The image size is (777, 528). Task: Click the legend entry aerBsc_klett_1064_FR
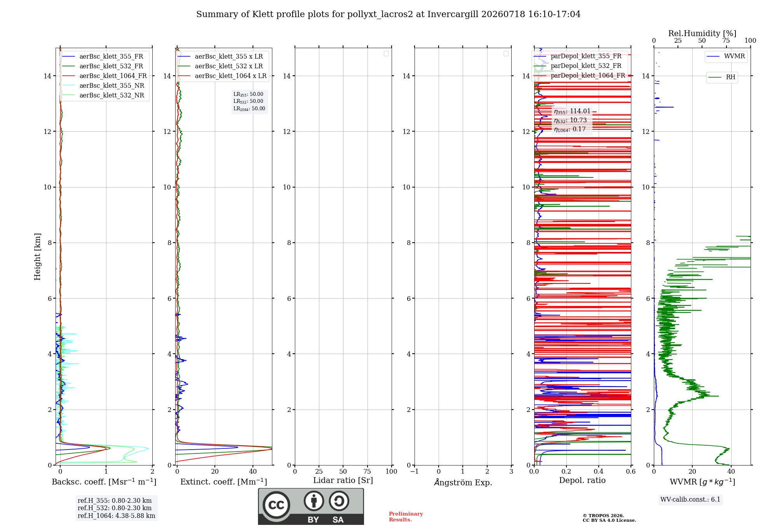click(104, 76)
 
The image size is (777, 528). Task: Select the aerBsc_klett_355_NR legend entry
click(103, 86)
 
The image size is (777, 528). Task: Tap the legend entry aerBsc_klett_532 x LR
click(220, 66)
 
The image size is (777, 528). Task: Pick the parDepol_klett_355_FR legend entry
click(578, 56)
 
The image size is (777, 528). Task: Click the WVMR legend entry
click(726, 56)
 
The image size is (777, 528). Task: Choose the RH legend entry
click(722, 77)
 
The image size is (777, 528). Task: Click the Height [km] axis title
click(37, 257)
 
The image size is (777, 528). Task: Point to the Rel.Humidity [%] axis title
click(702, 33)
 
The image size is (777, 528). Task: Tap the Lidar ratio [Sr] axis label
click(343, 480)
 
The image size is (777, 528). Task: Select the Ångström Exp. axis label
click(463, 482)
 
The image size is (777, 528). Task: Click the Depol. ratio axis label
click(582, 480)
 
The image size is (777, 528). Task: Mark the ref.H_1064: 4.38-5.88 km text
click(117, 516)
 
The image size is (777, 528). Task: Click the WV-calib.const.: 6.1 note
click(690, 500)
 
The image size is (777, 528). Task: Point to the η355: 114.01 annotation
click(572, 111)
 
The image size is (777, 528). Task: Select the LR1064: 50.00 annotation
click(249, 109)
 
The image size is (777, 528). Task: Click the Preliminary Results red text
click(406, 517)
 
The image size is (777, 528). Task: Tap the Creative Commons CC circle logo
click(276, 505)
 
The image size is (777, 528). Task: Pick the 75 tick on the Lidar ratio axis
click(367, 471)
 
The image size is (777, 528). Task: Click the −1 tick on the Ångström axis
click(414, 471)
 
